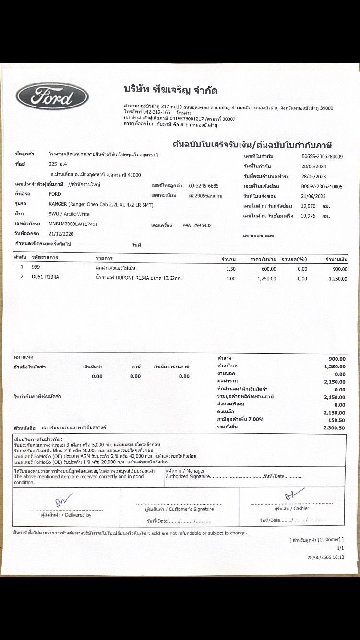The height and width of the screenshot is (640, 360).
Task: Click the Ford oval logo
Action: tap(52, 97)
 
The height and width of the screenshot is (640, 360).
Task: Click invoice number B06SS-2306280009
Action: tap(322, 156)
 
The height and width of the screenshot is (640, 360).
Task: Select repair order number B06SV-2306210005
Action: tap(322, 186)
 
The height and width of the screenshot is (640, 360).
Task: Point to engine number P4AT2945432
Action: tap(197, 225)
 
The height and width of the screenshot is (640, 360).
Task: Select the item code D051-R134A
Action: tap(45, 277)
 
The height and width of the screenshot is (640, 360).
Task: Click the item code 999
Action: tap(36, 268)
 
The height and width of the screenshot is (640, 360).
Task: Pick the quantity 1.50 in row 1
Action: tap(230, 269)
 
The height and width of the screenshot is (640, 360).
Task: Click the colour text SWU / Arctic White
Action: tap(69, 214)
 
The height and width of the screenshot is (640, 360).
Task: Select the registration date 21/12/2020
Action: tap(61, 234)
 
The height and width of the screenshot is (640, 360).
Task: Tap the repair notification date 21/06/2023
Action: tap(313, 196)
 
